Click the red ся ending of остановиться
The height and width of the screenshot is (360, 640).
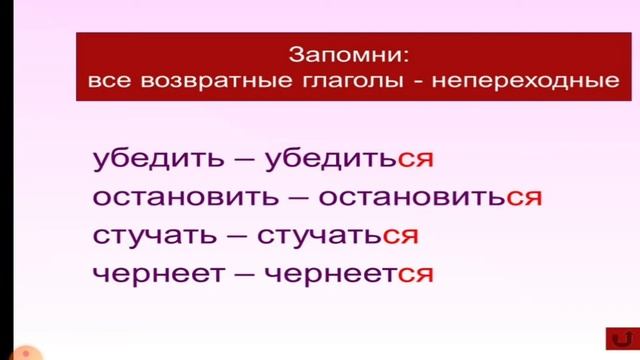[523, 197]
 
